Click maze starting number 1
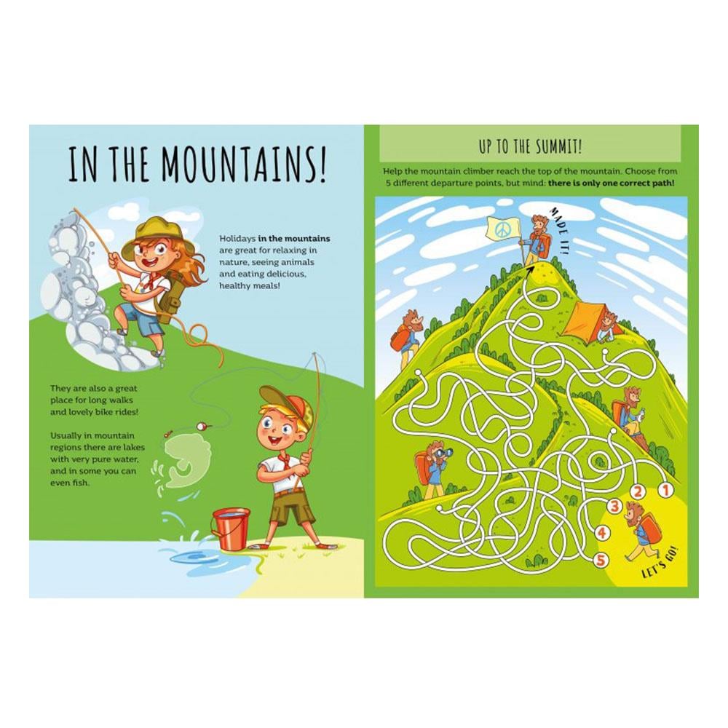664,488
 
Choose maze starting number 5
601,560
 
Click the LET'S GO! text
660,563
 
